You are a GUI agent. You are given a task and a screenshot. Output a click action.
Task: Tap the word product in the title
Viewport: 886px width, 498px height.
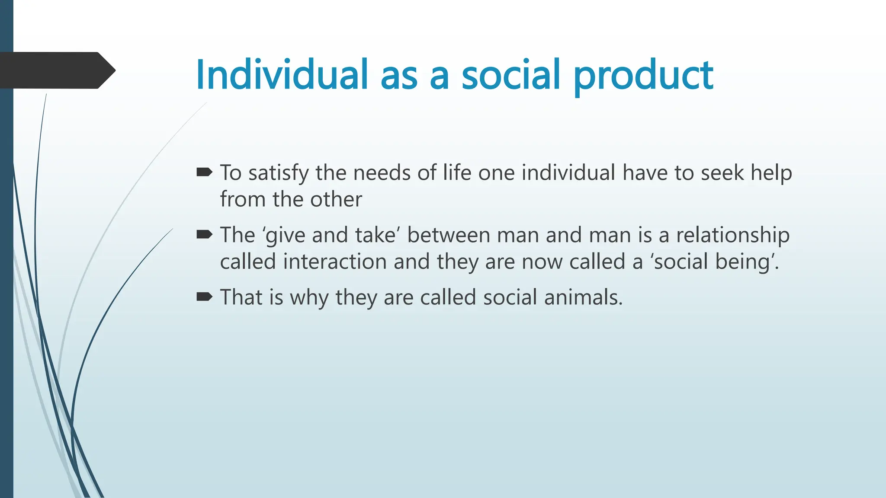(x=643, y=76)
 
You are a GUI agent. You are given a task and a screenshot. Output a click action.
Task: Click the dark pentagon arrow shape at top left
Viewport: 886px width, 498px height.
(x=56, y=70)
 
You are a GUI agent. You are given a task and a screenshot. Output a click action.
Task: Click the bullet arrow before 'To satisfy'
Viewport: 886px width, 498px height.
(x=204, y=173)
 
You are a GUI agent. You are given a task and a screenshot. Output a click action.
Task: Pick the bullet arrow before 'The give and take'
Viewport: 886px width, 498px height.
(x=204, y=235)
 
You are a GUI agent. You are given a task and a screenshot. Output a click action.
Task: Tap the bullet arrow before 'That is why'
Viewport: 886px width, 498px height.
(x=204, y=297)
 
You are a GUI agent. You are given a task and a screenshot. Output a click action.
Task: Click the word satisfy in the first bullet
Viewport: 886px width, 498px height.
(x=278, y=173)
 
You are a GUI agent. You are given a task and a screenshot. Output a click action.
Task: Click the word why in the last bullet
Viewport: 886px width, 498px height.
(x=309, y=298)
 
